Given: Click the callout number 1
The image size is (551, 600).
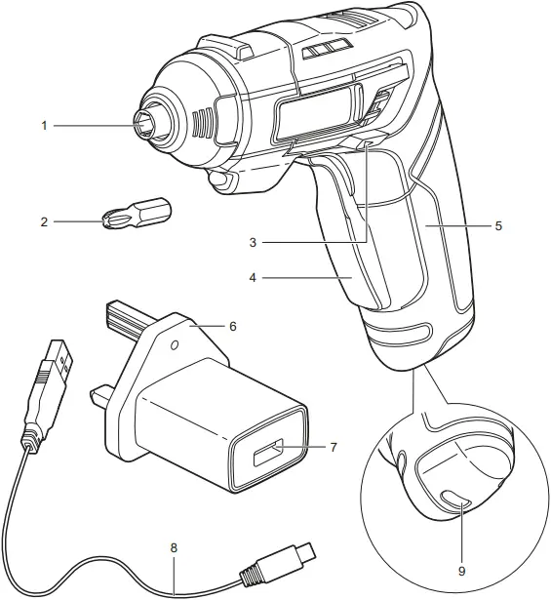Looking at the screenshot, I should coord(44,125).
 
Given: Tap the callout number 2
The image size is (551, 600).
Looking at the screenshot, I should coord(44,222).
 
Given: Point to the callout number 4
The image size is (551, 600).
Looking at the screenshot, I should coord(253,278).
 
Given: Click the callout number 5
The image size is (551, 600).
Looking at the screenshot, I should coord(498,225).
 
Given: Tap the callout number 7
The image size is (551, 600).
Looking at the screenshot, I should coord(333,448).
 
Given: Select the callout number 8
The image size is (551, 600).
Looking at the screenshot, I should coord(174,548).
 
